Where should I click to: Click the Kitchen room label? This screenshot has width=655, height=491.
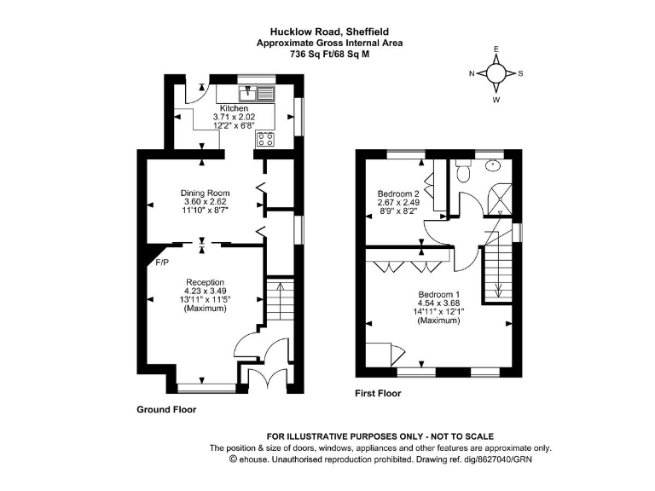235,109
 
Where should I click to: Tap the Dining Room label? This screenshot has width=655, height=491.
205,193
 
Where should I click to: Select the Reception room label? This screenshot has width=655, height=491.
206,282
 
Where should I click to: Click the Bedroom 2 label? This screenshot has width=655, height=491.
398,194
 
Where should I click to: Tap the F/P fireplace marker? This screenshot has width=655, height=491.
161,263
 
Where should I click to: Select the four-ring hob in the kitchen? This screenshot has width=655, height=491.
265,139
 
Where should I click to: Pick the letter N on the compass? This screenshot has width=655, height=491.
472,74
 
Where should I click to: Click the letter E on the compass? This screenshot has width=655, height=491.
496,49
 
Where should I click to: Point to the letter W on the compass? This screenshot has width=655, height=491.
496,99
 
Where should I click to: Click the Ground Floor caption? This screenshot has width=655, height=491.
166,409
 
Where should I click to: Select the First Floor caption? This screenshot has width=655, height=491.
378,394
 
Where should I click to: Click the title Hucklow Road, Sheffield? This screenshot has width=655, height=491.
330,32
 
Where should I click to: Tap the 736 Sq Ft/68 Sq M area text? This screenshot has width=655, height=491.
330,53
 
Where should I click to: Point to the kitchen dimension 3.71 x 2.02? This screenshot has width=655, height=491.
235,118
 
